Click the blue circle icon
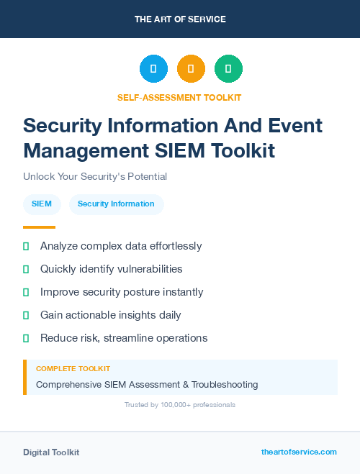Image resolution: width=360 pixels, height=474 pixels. pyautogui.click(x=153, y=69)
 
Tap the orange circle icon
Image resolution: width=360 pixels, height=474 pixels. pyautogui.click(x=191, y=69)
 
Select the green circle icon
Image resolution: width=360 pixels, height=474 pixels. pyautogui.click(x=228, y=69)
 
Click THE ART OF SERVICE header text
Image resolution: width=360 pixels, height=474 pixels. pyautogui.click(x=180, y=19)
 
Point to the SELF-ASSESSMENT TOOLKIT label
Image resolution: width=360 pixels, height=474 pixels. pyautogui.click(x=179, y=97)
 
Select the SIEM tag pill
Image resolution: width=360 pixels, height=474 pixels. pyautogui.click(x=42, y=204)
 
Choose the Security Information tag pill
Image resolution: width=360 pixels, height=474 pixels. pyautogui.click(x=116, y=204)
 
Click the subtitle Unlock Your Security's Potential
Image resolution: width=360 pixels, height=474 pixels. pyautogui.click(x=94, y=176)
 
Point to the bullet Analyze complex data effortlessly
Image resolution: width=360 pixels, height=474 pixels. pyautogui.click(x=121, y=246)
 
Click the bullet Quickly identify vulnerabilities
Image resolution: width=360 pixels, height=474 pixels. pyautogui.click(x=111, y=269)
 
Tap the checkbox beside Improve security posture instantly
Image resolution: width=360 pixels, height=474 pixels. pyautogui.click(x=26, y=292)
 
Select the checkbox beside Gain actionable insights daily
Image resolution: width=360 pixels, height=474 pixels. pyautogui.click(x=26, y=315)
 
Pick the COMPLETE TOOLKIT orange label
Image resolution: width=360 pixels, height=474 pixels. pyautogui.click(x=73, y=368)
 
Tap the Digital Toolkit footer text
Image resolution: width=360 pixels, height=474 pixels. pyautogui.click(x=51, y=452)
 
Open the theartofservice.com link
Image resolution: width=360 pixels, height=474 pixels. pyautogui.click(x=299, y=452)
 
